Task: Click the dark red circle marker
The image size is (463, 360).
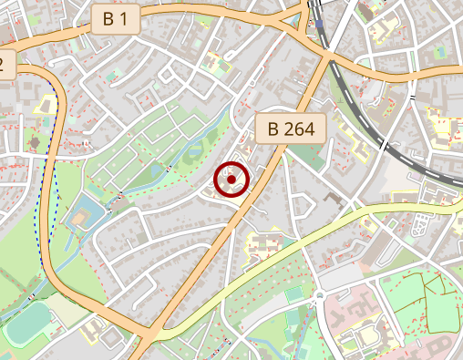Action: tap(231, 180)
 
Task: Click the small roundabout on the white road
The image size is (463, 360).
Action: tap(320, 298)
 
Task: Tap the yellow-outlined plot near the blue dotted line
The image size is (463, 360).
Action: tap(44, 103)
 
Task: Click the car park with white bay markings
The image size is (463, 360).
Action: tap(421, 224)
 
